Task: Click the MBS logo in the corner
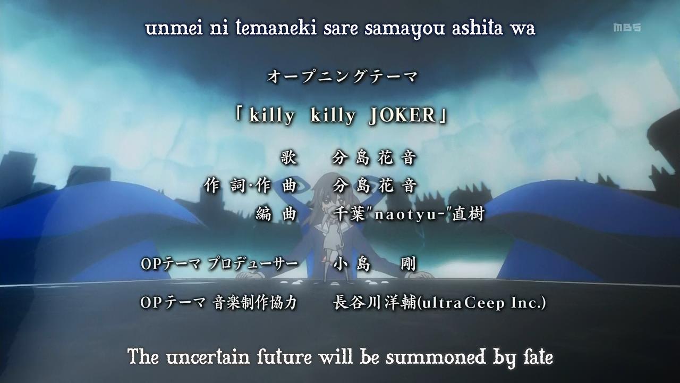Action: tap(627, 27)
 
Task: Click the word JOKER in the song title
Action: tap(403, 115)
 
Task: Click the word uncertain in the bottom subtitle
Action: tap(208, 357)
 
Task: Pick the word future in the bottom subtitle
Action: tap(284, 357)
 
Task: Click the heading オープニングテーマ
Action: tap(342, 76)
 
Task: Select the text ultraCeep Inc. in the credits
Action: tap(482, 303)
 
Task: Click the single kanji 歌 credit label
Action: tap(288, 157)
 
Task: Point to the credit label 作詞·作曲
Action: tap(250, 186)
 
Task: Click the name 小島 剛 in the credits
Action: tap(375, 264)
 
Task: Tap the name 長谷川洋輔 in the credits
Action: tap(375, 303)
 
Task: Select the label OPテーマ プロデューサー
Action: tap(219, 264)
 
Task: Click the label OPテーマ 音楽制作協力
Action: tap(218, 303)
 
